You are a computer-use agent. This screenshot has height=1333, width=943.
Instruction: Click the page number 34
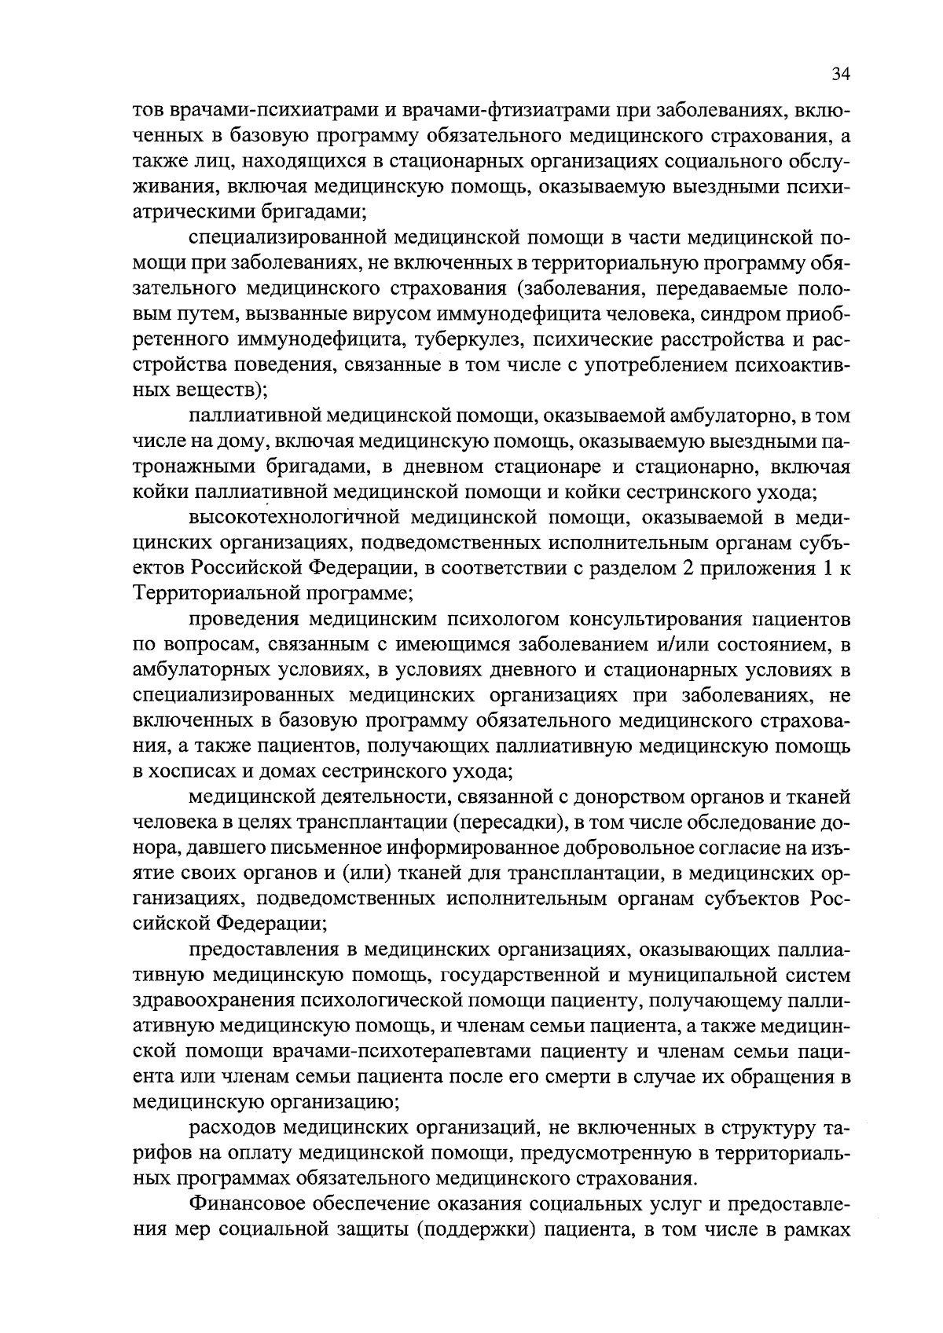point(840,75)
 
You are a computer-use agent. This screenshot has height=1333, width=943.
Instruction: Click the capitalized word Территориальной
point(212,593)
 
